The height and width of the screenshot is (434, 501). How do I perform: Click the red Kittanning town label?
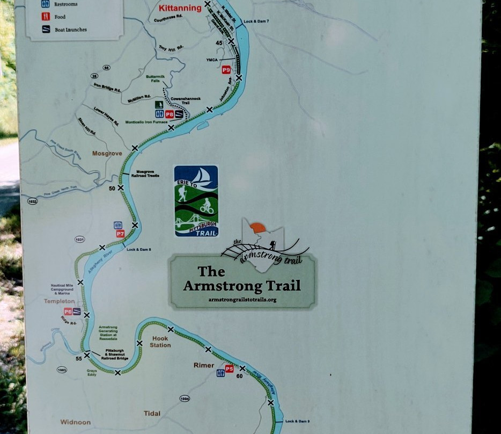180,8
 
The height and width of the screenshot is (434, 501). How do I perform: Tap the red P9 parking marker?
226,70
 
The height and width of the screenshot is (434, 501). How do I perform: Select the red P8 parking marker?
170,114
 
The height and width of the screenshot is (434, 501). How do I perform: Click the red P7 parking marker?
120,234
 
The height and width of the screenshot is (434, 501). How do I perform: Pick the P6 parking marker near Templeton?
68,312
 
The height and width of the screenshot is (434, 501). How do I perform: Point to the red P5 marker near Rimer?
229,369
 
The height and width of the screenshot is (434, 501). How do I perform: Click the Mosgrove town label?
107,153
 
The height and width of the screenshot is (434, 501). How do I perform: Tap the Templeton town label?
59,301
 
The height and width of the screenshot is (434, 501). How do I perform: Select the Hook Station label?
160,342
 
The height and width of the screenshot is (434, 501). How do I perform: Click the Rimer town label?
204,365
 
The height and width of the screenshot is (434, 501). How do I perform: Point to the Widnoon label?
75,422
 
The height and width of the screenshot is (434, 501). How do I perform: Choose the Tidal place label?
152,413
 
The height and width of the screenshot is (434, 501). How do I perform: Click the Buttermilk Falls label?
153,78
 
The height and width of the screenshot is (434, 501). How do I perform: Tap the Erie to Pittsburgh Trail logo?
196,201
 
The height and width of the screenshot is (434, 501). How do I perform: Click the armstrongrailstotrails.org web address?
242,299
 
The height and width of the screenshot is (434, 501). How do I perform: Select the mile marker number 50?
112,188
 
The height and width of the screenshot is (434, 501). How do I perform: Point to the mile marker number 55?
79,358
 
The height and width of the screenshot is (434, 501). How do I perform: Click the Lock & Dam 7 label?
256,21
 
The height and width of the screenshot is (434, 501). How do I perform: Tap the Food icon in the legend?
46,17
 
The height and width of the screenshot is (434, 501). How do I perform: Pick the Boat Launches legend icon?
46,30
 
